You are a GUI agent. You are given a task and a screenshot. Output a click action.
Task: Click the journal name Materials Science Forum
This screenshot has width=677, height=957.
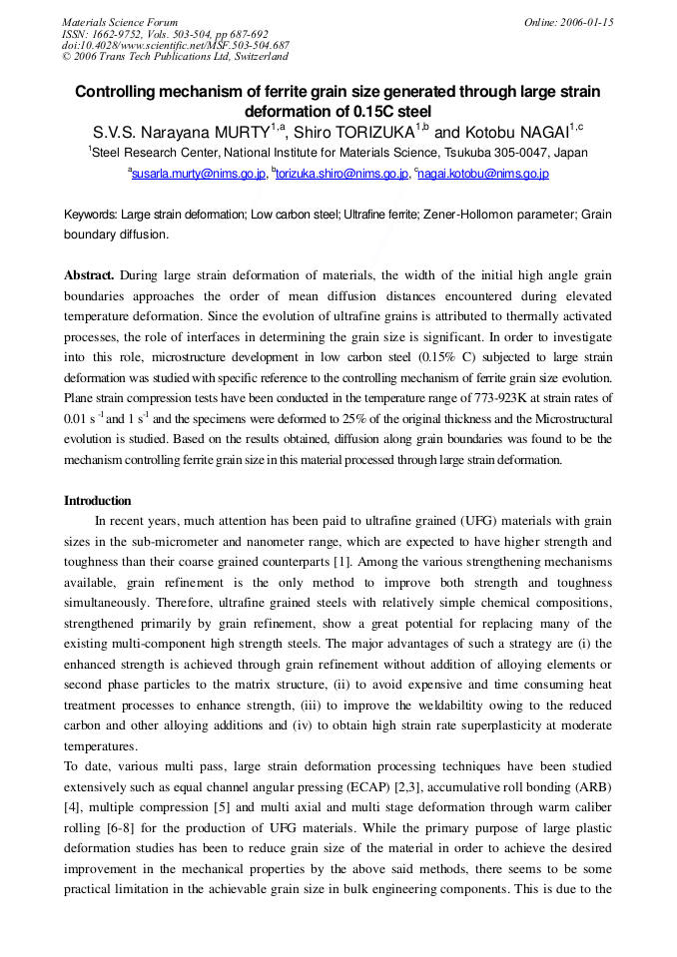point(120,22)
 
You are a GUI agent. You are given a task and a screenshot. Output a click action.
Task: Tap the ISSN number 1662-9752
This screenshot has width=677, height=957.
point(114,34)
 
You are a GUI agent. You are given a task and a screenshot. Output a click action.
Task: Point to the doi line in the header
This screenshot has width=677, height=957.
point(176,46)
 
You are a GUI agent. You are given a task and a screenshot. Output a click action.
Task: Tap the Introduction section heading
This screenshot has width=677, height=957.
point(98,501)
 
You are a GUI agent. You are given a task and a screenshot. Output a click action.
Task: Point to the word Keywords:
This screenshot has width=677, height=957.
point(91,215)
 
